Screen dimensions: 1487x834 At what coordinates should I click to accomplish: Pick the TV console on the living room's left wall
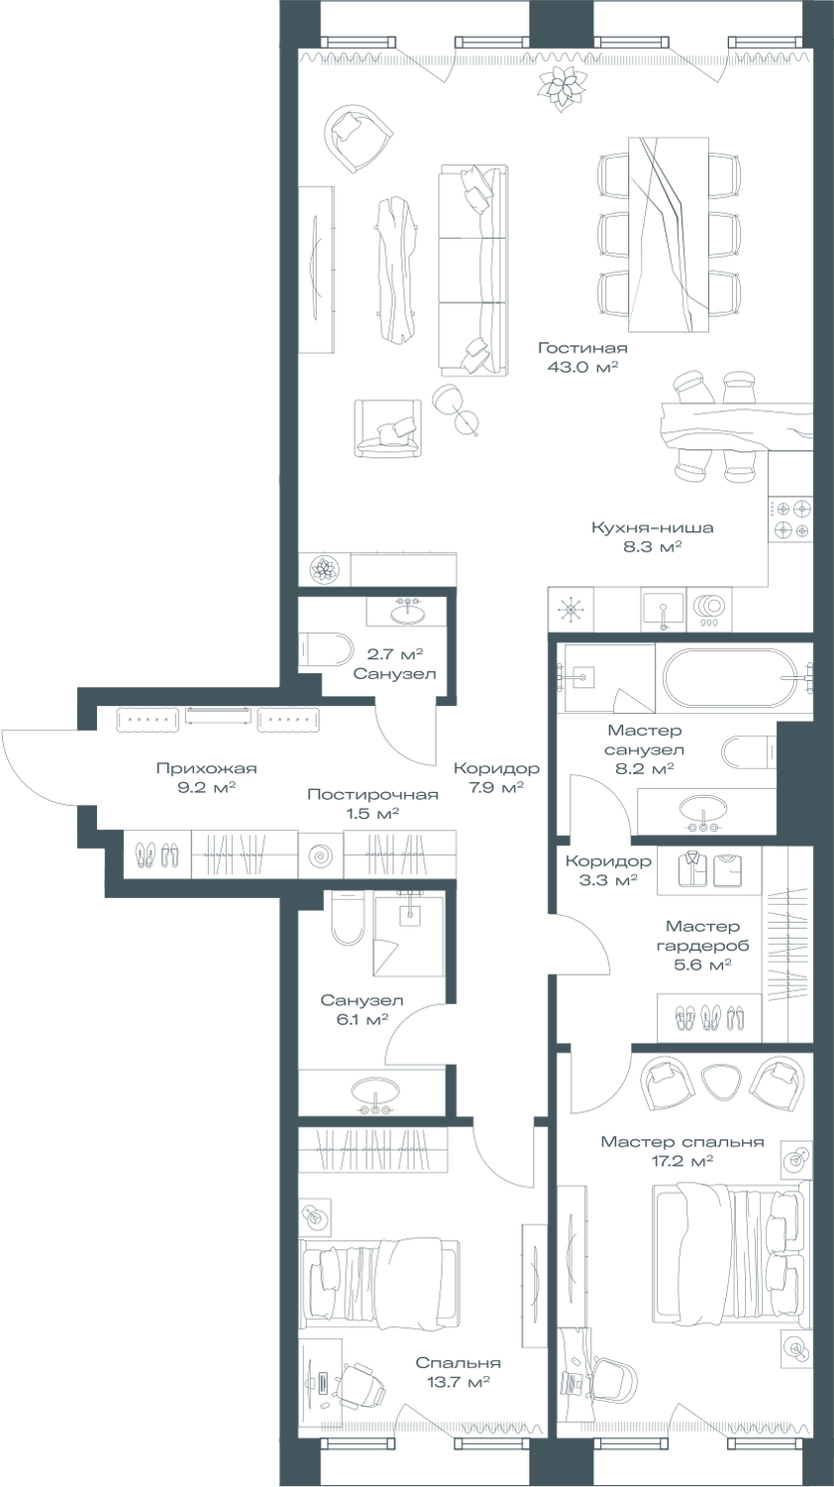coord(317,267)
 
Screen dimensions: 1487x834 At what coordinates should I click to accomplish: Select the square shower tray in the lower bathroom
coord(407,931)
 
